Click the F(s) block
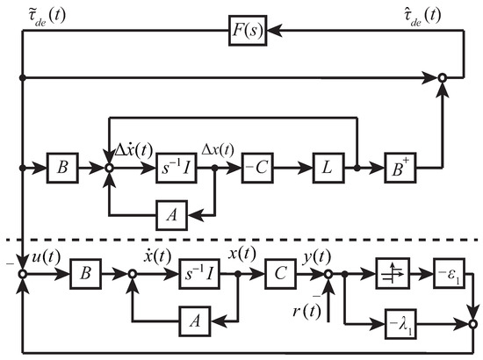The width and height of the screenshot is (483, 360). (x=248, y=31)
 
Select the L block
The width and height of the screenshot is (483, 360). (x=328, y=168)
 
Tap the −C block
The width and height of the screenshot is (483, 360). (x=257, y=168)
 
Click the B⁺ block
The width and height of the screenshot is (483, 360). (x=400, y=168)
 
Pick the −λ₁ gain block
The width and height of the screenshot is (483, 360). (x=400, y=324)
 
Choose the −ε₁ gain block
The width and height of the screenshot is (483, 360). (x=450, y=273)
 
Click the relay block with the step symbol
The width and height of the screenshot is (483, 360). (x=393, y=273)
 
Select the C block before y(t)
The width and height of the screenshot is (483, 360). (x=280, y=273)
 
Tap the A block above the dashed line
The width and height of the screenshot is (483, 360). (x=171, y=215)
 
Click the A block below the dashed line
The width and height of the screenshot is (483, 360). (x=195, y=321)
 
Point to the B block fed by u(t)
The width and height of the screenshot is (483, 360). (x=86, y=273)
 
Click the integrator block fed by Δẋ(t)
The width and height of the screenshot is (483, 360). (x=177, y=168)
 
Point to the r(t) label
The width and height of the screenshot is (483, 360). (x=306, y=312)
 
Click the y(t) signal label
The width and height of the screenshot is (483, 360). (x=317, y=256)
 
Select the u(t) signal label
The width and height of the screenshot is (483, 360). (x=47, y=256)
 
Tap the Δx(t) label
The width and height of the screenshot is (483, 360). (x=218, y=150)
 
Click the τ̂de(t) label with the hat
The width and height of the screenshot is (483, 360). (x=422, y=16)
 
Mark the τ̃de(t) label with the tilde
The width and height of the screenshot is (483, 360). (x=47, y=16)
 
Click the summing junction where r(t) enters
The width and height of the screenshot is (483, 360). (x=328, y=273)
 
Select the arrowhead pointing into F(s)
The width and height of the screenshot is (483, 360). (x=275, y=31)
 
